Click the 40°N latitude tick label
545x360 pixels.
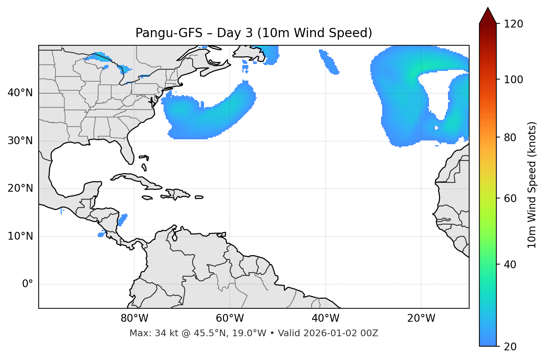(20, 93)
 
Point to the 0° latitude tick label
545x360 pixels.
(28, 284)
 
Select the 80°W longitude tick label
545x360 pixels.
(134, 318)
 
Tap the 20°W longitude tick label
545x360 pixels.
(421, 318)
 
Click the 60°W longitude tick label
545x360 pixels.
(230, 318)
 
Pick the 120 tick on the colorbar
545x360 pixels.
(513, 24)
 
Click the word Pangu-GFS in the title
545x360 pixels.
(169, 33)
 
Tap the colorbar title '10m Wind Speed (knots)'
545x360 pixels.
(532, 185)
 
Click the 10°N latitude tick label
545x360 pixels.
(20, 236)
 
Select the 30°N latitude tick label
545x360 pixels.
(20, 141)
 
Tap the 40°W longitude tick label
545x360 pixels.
(326, 318)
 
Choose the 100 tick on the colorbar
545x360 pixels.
(513, 80)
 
